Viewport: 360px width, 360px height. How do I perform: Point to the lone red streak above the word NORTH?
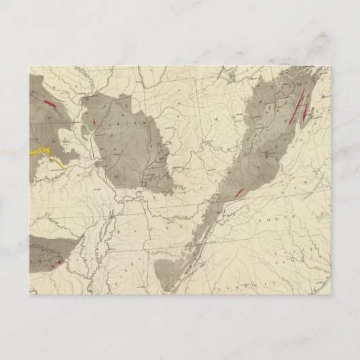(238, 194)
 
